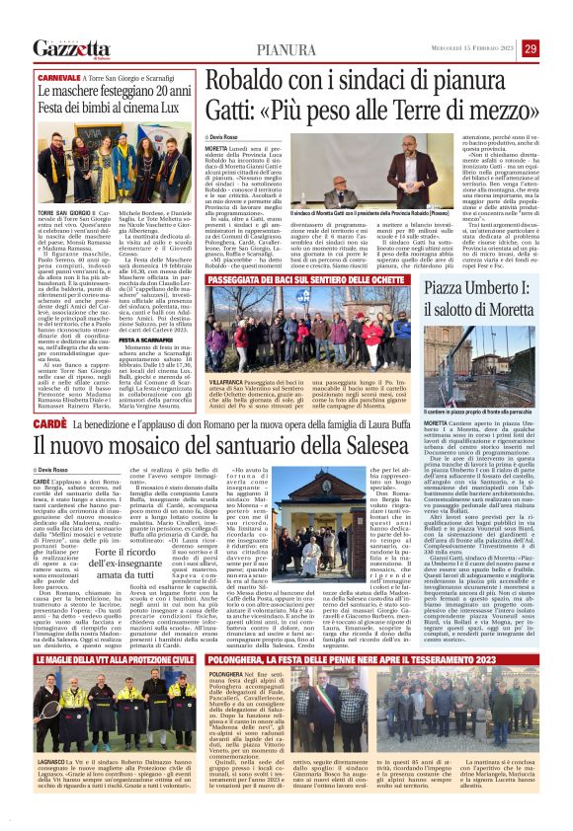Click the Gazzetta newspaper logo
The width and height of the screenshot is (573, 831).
pos(70,47)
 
